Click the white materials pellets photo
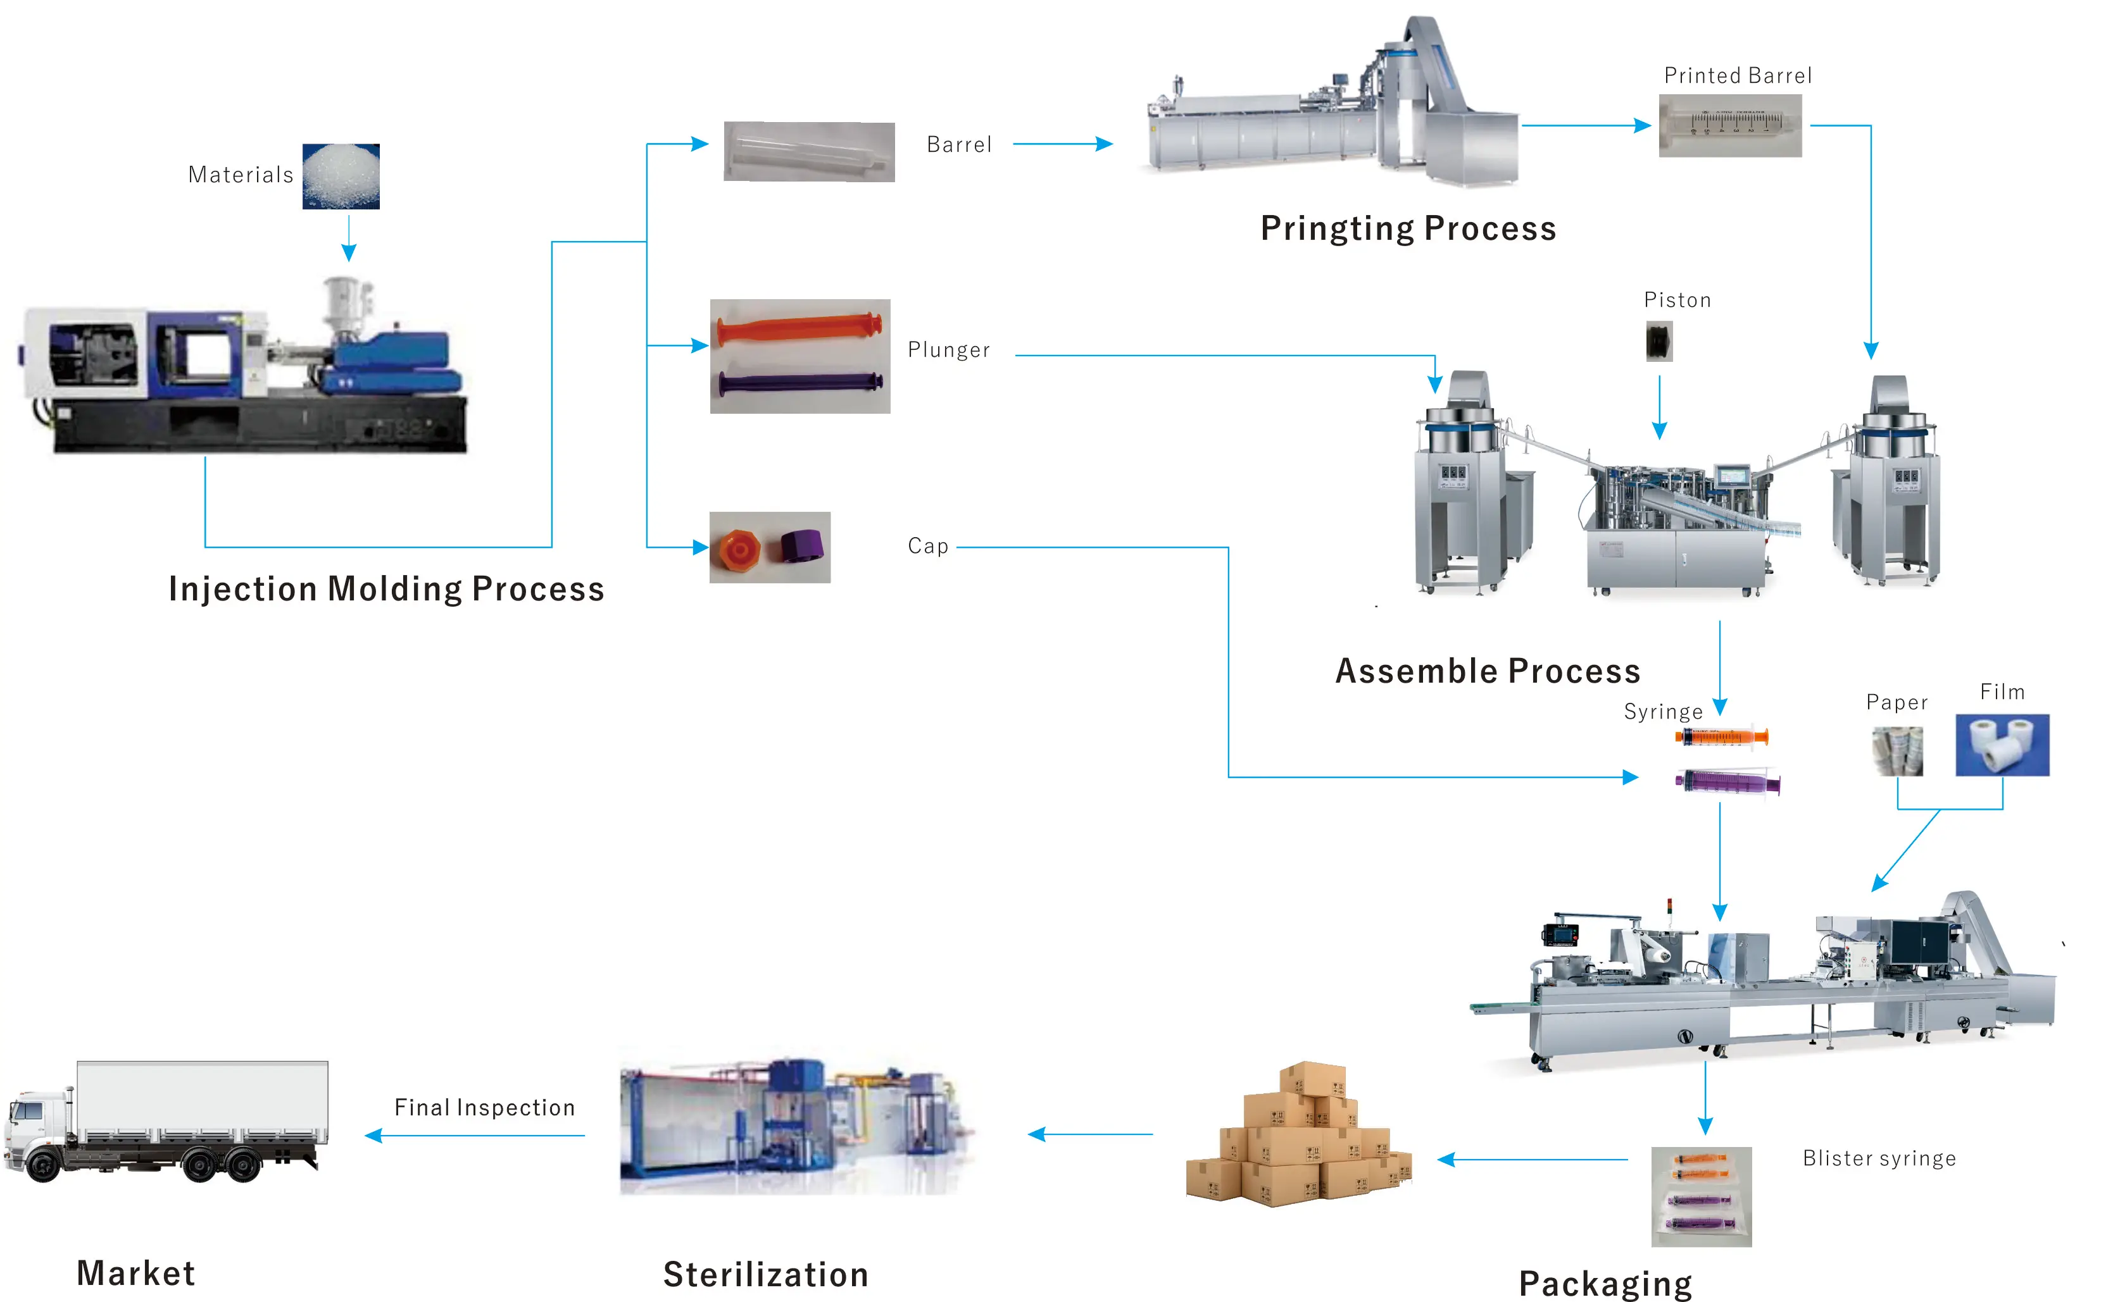pyautogui.click(x=341, y=177)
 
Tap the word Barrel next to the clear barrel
pyautogui.click(x=959, y=145)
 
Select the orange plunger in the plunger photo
pyautogui.click(x=799, y=328)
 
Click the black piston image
pyautogui.click(x=1659, y=341)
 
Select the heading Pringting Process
pyautogui.click(x=1408, y=228)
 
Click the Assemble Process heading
pyautogui.click(x=1488, y=671)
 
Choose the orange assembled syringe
pyautogui.click(x=1721, y=736)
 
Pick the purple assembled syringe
pyautogui.click(x=1726, y=782)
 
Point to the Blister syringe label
pyautogui.click(x=1879, y=1158)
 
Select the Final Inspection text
pyautogui.click(x=484, y=1107)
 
